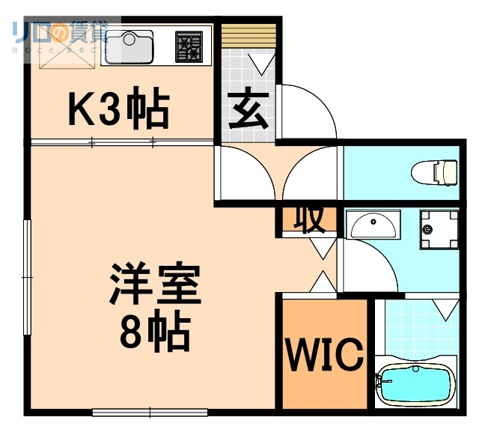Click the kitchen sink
tap(129, 46)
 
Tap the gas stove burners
tap(188, 46)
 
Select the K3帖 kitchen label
tap(118, 110)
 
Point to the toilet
tap(436, 171)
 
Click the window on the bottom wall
tap(150, 411)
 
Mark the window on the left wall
tap(28, 277)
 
